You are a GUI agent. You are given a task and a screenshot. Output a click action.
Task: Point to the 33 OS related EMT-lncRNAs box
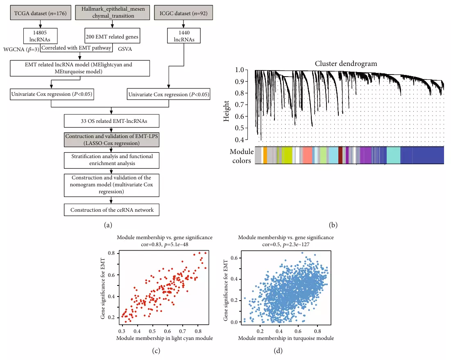click(x=111, y=121)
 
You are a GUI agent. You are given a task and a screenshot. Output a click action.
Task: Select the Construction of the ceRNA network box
click(x=111, y=210)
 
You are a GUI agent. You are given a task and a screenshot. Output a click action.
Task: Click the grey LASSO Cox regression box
click(x=111, y=139)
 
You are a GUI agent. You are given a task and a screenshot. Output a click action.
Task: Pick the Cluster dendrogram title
click(x=346, y=63)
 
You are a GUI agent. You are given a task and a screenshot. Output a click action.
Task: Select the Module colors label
click(x=240, y=156)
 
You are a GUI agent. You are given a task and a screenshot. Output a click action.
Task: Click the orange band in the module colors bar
click(x=265, y=156)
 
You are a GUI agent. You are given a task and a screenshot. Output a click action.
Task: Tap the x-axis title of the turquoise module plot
click(x=286, y=338)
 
